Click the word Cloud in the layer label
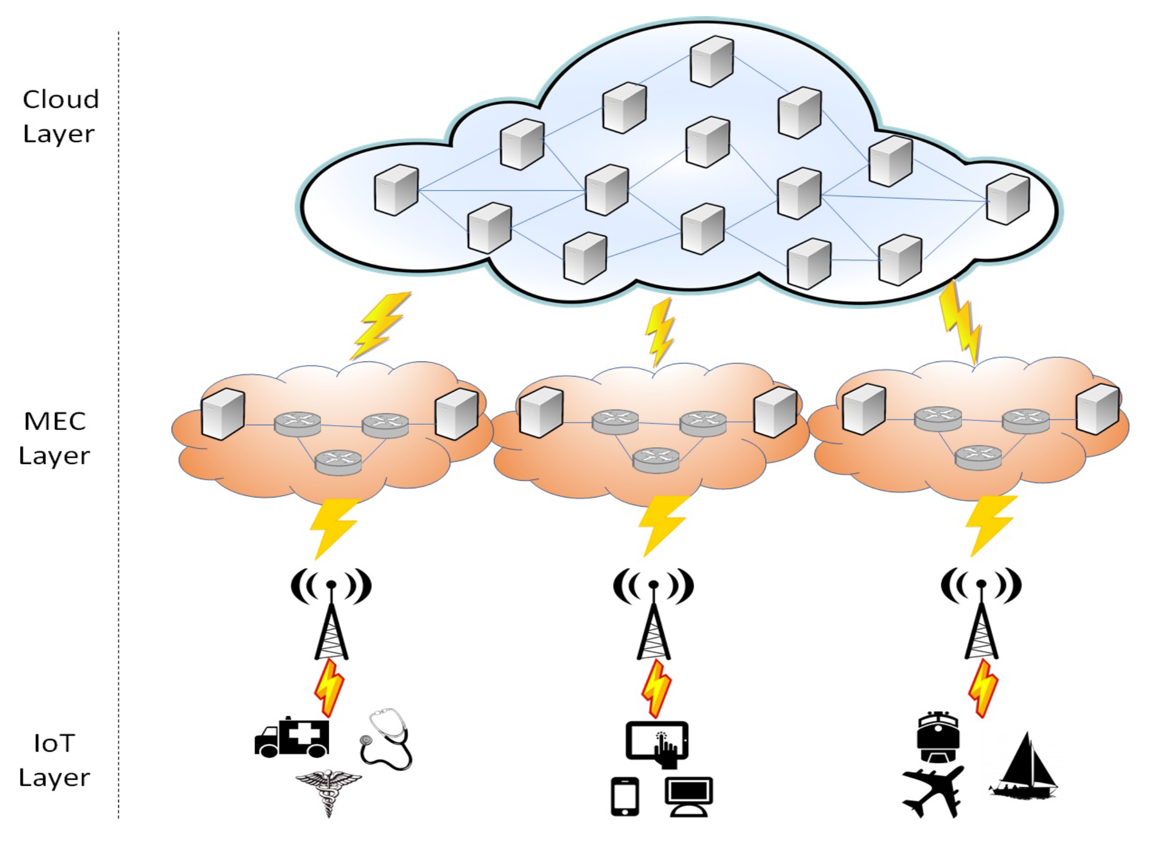point(60,100)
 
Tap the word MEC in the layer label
point(55,421)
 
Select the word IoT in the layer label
point(54,744)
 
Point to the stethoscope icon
point(386,739)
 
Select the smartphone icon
point(624,796)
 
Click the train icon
point(937,737)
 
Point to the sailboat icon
point(1024,766)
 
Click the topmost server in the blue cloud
point(711,61)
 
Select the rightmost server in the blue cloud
point(1007,199)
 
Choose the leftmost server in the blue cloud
point(396,189)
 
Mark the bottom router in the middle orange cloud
point(656,460)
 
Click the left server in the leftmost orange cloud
point(222,414)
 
